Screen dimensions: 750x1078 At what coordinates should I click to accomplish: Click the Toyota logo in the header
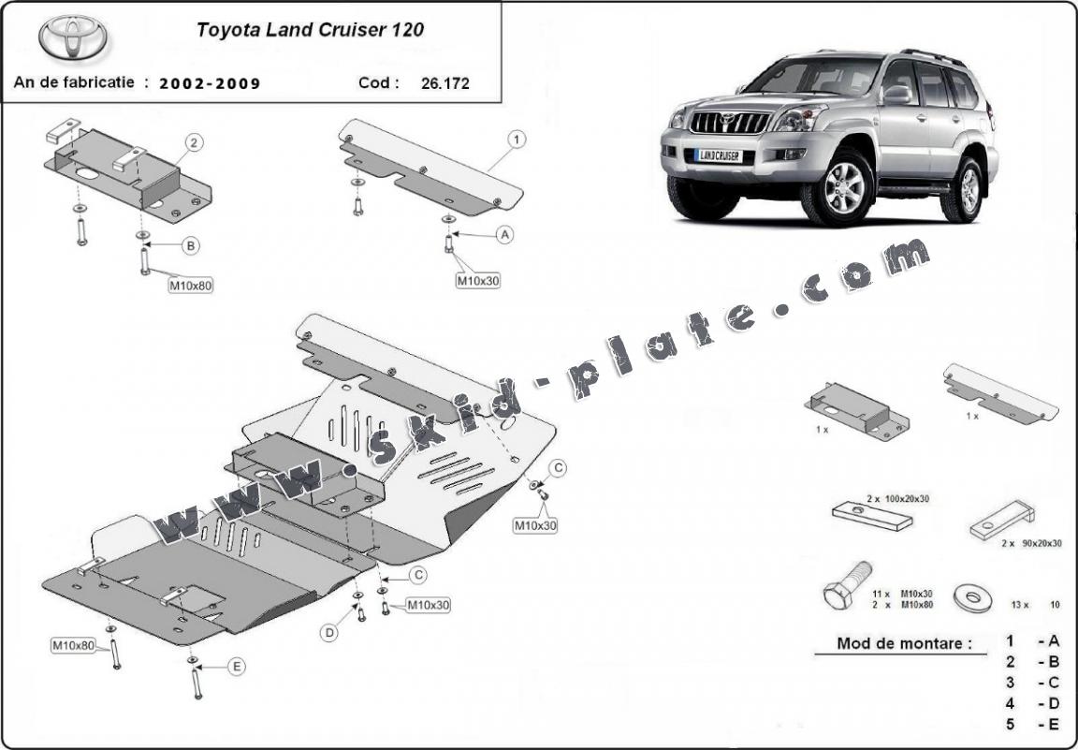coord(73,37)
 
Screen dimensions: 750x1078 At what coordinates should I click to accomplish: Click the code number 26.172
coord(444,82)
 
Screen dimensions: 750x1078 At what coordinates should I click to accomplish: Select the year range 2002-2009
coord(210,82)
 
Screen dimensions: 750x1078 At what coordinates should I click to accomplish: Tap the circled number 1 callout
coord(516,140)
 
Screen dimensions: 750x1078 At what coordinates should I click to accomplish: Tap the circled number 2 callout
coord(193,143)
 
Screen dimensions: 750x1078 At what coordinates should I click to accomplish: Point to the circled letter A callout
coord(505,235)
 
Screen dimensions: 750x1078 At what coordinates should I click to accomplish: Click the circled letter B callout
coord(190,246)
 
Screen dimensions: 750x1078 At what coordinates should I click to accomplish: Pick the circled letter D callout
coord(329,634)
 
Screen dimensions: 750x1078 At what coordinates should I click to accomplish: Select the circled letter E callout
coord(237,666)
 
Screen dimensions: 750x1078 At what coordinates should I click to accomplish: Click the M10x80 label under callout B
coord(191,286)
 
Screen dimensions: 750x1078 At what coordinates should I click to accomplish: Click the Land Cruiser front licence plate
coord(719,155)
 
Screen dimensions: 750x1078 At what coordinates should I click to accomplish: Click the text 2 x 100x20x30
coord(897,500)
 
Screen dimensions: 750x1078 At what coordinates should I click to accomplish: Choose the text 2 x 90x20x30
coord(1030,543)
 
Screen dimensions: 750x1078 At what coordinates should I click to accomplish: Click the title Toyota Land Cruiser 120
coord(310,29)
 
